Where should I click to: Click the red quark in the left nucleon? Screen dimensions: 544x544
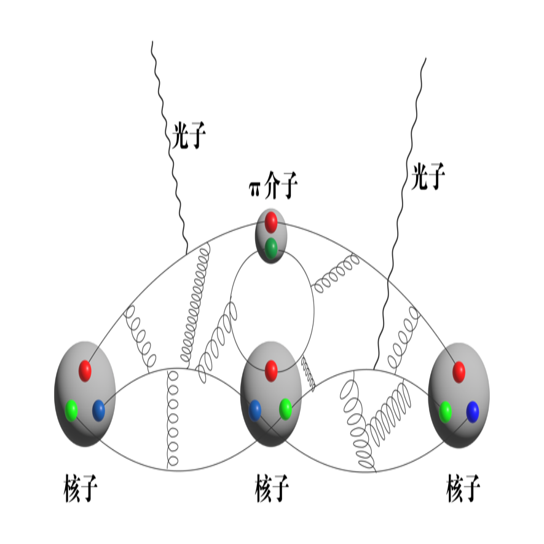(x=85, y=370)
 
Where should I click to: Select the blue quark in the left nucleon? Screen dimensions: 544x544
(x=98, y=410)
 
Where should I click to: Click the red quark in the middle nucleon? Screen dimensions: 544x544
(x=271, y=370)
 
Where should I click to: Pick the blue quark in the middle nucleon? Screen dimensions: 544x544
(x=255, y=409)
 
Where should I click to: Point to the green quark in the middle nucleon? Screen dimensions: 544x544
(x=285, y=408)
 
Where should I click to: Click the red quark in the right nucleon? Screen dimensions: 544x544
(x=458, y=371)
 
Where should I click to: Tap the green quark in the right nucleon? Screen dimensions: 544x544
(x=446, y=410)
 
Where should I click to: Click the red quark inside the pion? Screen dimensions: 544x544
(x=271, y=221)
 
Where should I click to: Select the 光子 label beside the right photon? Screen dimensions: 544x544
(x=428, y=176)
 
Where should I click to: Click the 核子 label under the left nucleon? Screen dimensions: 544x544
(x=81, y=489)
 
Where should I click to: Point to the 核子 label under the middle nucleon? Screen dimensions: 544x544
(x=272, y=489)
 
